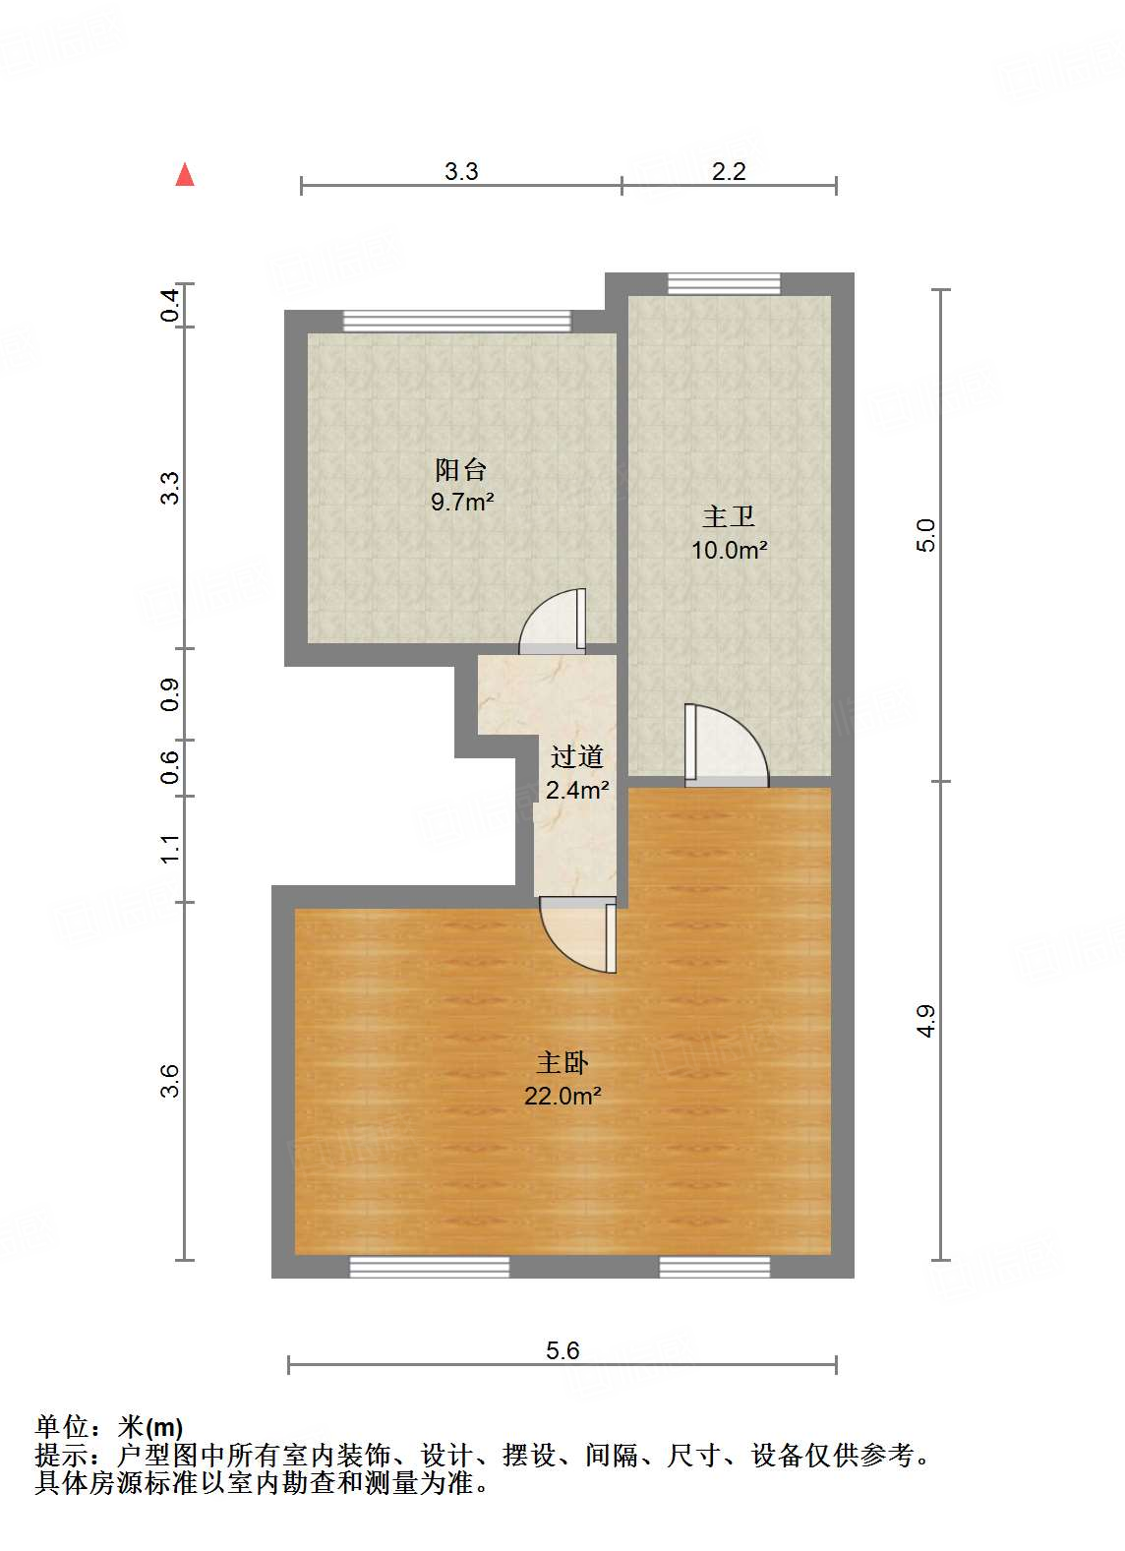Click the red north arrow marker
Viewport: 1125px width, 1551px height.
click(x=185, y=174)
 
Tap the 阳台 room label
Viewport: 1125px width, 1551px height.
click(x=461, y=469)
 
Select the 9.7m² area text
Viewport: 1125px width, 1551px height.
click(x=461, y=503)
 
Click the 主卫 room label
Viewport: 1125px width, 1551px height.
click(x=728, y=516)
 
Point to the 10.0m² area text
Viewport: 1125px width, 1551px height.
click(x=728, y=550)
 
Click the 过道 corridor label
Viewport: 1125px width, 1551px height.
click(x=576, y=756)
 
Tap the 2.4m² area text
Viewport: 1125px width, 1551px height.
click(x=576, y=789)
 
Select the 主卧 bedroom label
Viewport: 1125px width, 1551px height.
click(x=562, y=1062)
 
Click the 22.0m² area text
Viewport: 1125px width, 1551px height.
click(x=562, y=1096)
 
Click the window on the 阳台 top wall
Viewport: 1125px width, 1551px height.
click(x=456, y=322)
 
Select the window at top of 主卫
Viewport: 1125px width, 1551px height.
click(x=724, y=284)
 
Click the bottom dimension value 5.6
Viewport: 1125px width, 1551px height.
click(x=562, y=1350)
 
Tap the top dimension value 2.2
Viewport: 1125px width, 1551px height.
click(x=729, y=171)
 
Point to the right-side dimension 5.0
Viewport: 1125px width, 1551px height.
click(x=926, y=535)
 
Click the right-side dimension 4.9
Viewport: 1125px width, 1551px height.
click(x=926, y=1020)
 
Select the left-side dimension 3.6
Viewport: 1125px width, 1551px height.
click(x=170, y=1080)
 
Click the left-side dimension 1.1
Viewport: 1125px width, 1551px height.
click(x=170, y=848)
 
